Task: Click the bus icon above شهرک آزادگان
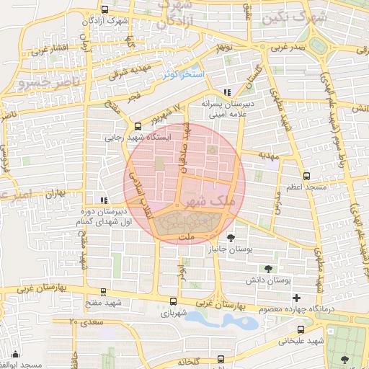(107, 10)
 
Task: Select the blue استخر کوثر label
(184, 74)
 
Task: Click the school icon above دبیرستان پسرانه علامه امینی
(228, 92)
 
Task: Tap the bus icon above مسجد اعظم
(307, 176)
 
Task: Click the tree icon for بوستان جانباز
(231, 239)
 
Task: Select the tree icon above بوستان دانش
(269, 269)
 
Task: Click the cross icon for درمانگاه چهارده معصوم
(295, 298)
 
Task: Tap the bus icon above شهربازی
(173, 301)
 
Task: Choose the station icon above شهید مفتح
(104, 292)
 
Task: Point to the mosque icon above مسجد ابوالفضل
(16, 355)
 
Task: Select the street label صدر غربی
(285, 47)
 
